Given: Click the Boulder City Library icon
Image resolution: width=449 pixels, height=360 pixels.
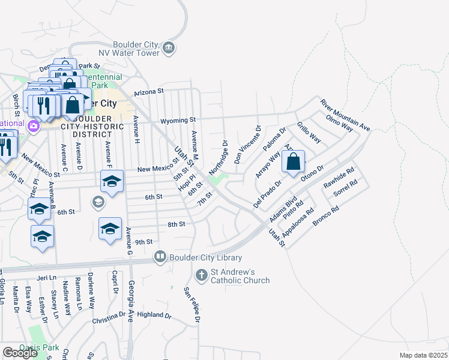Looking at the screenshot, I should pos(160,257).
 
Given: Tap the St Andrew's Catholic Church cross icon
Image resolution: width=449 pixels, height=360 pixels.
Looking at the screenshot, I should pos(202,274).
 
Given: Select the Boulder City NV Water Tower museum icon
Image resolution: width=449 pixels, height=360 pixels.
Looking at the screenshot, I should pos(169,48).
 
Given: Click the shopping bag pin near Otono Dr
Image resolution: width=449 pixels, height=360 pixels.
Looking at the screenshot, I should pos(293,162).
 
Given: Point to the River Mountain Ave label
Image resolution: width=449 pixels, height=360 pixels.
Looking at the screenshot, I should pos(345,115).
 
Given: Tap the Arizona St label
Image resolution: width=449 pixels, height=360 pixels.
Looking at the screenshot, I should pos(149,92).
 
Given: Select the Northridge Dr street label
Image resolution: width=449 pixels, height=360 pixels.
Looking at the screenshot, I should pos(219,158).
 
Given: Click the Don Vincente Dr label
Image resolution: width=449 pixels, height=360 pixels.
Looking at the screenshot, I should pos(247,145).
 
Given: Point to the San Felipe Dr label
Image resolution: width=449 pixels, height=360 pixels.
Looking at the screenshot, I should pos(191,305).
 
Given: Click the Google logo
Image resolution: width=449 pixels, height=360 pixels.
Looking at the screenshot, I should pos(20,353).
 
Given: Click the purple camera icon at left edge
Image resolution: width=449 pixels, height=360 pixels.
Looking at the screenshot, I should pos(34,126).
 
